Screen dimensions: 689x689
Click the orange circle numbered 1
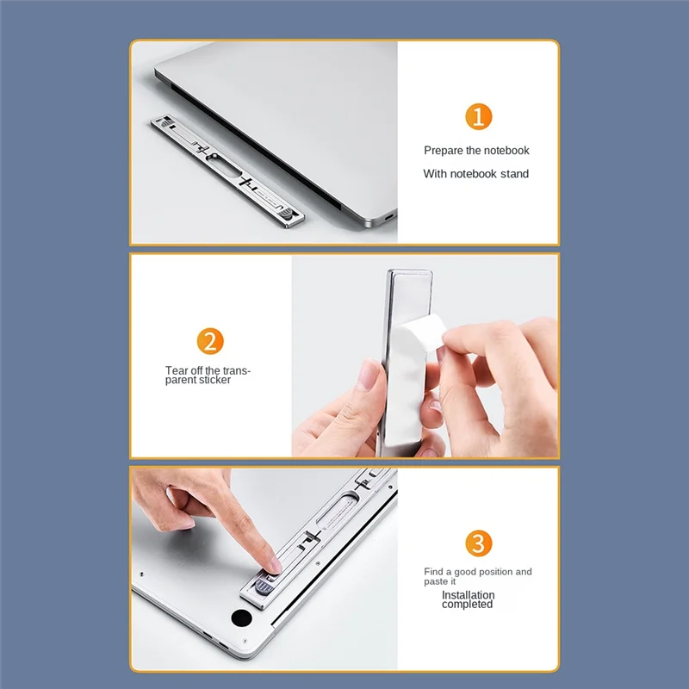pos(478,116)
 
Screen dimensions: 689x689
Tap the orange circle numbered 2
pos(210,341)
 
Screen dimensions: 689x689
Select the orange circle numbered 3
pos(478,543)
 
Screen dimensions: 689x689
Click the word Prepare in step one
pos(444,151)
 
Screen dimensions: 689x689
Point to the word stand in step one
pos(514,174)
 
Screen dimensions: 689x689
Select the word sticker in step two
pos(213,380)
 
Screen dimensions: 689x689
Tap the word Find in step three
pos(433,571)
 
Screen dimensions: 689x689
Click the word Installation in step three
pos(468,594)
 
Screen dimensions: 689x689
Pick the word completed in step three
pos(467,605)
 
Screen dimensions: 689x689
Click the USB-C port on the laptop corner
pos(389,217)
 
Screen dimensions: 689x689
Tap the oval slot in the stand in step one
pos(224,167)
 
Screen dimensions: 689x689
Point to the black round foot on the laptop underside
pos(241,618)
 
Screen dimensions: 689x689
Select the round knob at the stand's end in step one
pos(286,214)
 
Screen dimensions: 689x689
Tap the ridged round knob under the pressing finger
pos(264,587)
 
